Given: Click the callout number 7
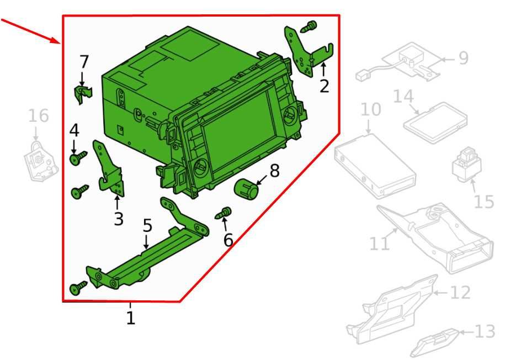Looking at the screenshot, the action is coord(84,62).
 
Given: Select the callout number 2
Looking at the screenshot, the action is coord(324,86).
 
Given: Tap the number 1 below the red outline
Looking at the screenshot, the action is coord(131,318).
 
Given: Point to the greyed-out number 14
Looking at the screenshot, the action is coord(404,97).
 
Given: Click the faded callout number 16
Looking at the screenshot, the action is coord(39,116).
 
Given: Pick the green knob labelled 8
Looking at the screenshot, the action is coord(246,189).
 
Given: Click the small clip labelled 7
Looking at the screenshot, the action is coord(83,94).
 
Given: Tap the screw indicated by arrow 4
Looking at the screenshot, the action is coord(78,158).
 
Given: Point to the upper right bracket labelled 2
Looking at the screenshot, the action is coord(307,52).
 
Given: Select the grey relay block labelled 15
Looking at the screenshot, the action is coord(467,165).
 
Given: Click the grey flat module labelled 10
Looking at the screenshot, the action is coord(375,166).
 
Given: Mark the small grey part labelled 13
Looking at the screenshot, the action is coord(434,343).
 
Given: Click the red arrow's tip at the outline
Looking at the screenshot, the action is coord(60,43).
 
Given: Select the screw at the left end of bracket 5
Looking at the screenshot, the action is coord(78,288).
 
